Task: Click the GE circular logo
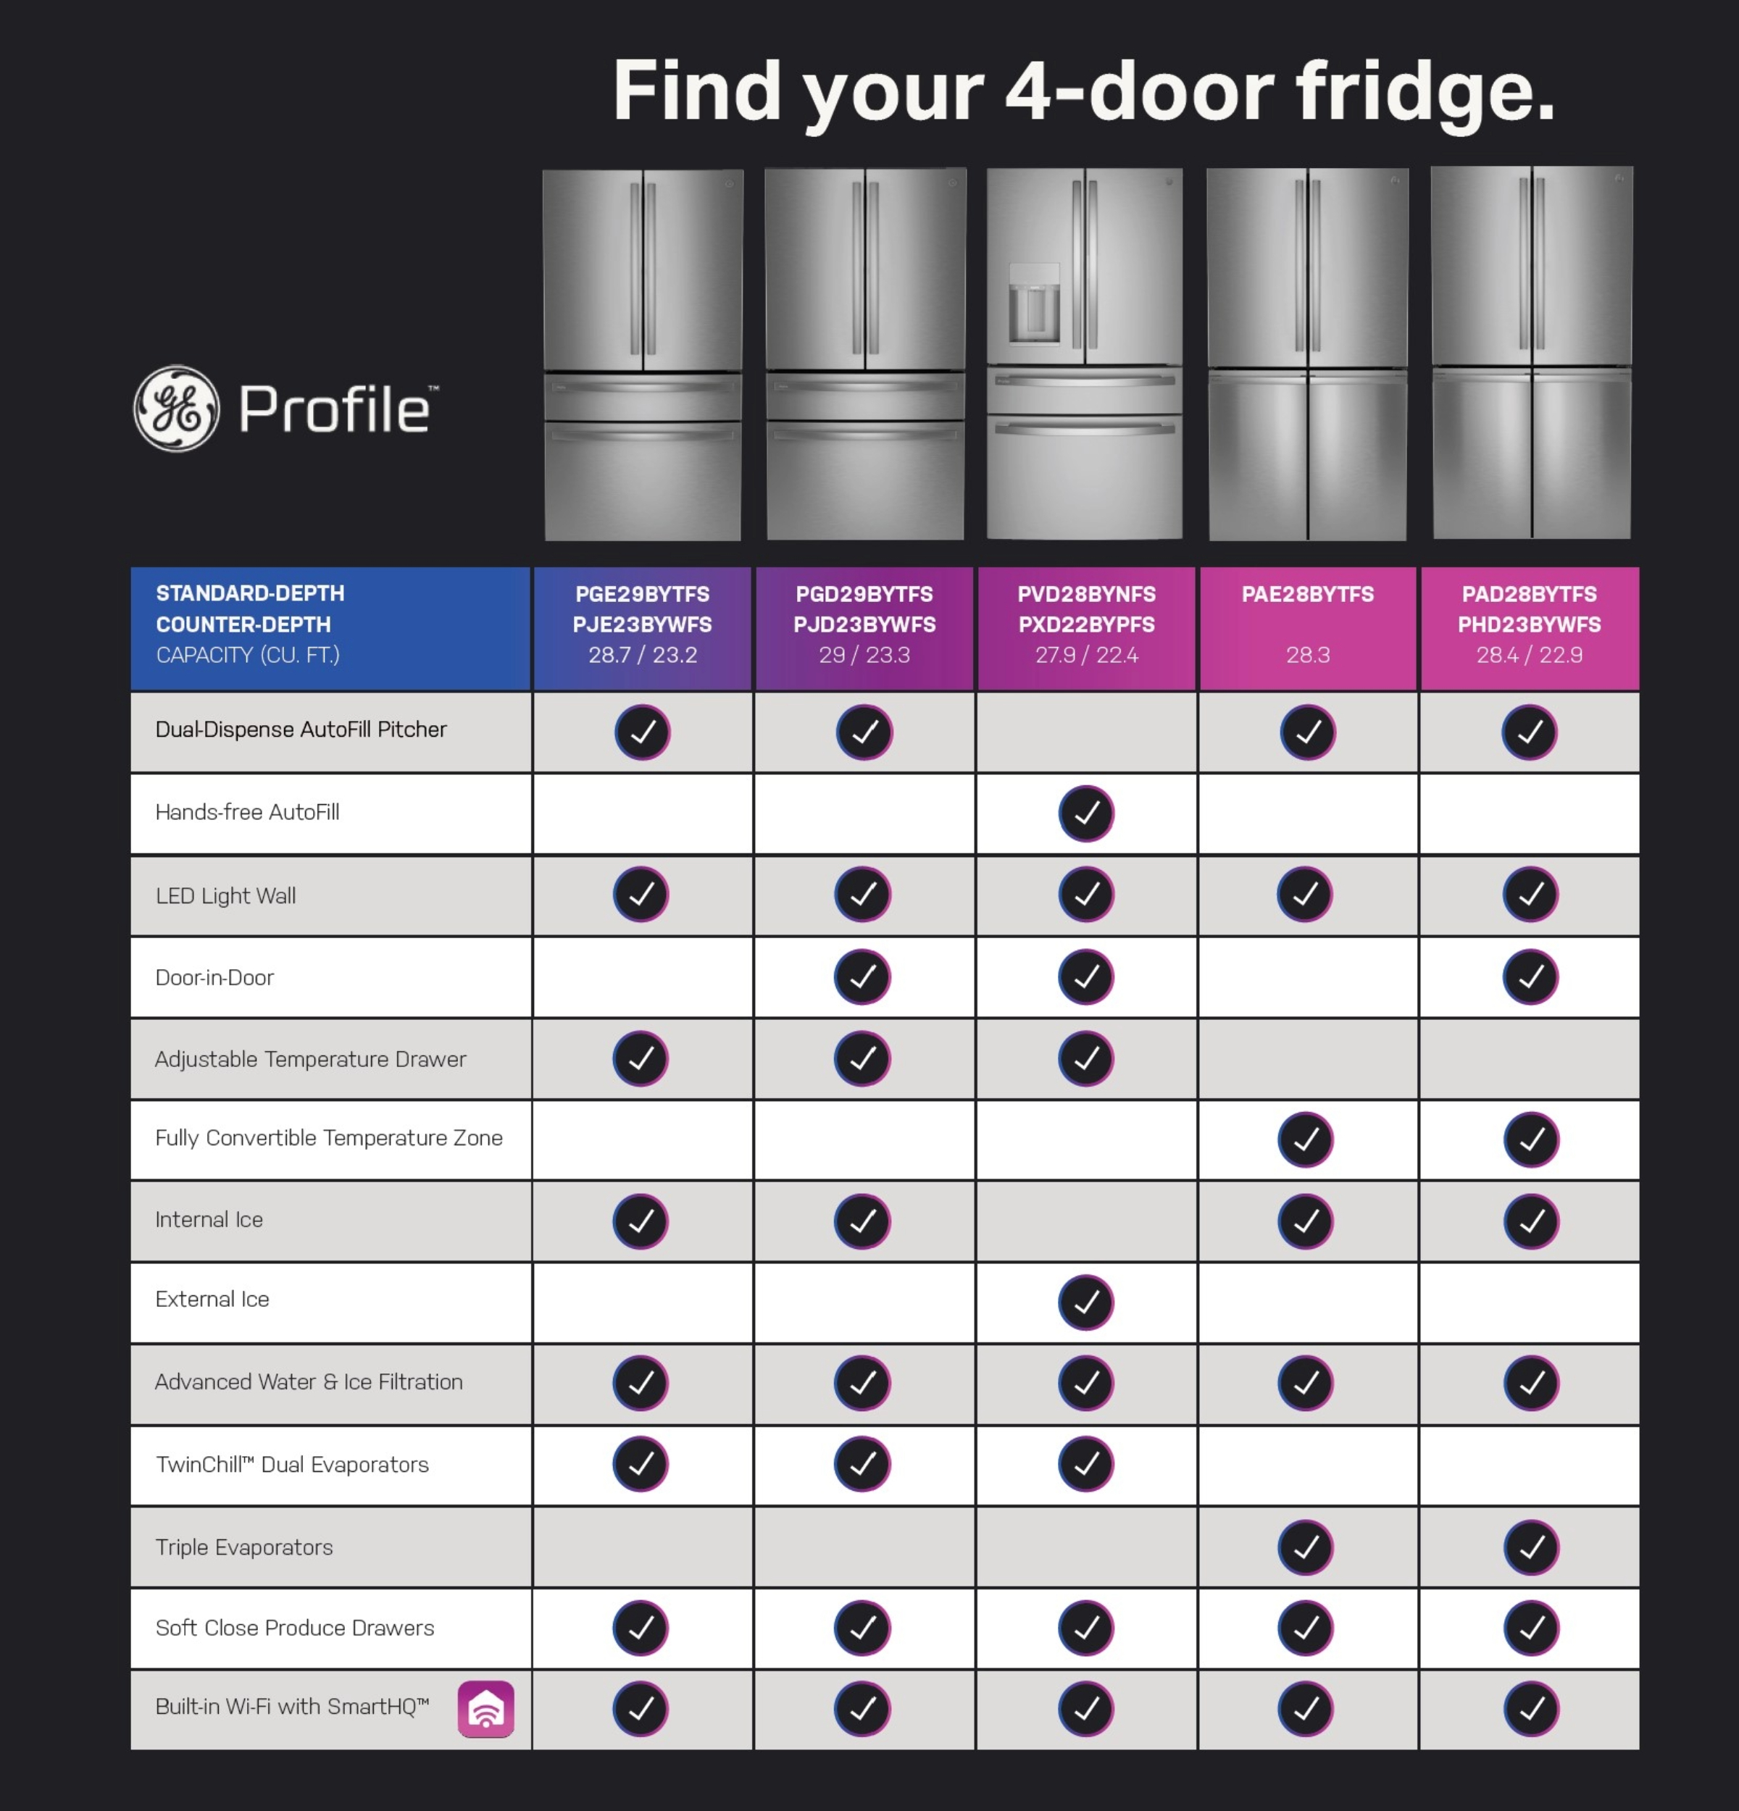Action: click(x=177, y=409)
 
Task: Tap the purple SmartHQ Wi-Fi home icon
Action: click(x=486, y=1708)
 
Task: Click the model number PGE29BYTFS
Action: click(x=642, y=594)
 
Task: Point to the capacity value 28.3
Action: click(x=1307, y=655)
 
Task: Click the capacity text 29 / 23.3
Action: click(x=864, y=655)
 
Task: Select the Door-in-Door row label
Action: click(x=214, y=977)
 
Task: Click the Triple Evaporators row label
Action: click(x=244, y=1547)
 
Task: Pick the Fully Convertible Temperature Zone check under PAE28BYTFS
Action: click(x=1306, y=1139)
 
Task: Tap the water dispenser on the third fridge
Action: click(x=1034, y=305)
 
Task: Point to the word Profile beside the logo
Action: click(x=335, y=409)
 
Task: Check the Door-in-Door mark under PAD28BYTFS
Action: click(x=1530, y=976)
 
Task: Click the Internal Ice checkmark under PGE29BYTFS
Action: click(x=641, y=1221)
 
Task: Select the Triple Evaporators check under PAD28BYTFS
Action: click(x=1531, y=1547)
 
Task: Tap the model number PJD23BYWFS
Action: click(x=864, y=624)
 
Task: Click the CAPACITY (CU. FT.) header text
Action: click(x=248, y=655)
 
